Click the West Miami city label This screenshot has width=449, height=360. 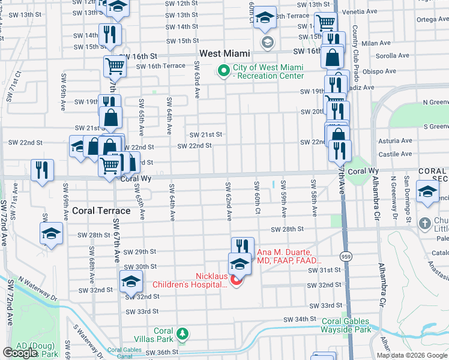click(x=224, y=53)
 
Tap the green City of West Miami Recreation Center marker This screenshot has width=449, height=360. click(x=224, y=71)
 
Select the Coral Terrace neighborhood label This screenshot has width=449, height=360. click(x=101, y=211)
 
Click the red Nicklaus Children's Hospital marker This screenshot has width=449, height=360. click(x=237, y=280)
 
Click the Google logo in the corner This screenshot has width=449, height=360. click(x=20, y=353)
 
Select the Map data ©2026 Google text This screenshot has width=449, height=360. click(x=412, y=355)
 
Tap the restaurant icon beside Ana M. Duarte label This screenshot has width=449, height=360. click(x=243, y=246)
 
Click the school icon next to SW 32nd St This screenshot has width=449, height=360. click(x=131, y=281)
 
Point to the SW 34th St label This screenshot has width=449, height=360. click(x=300, y=319)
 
